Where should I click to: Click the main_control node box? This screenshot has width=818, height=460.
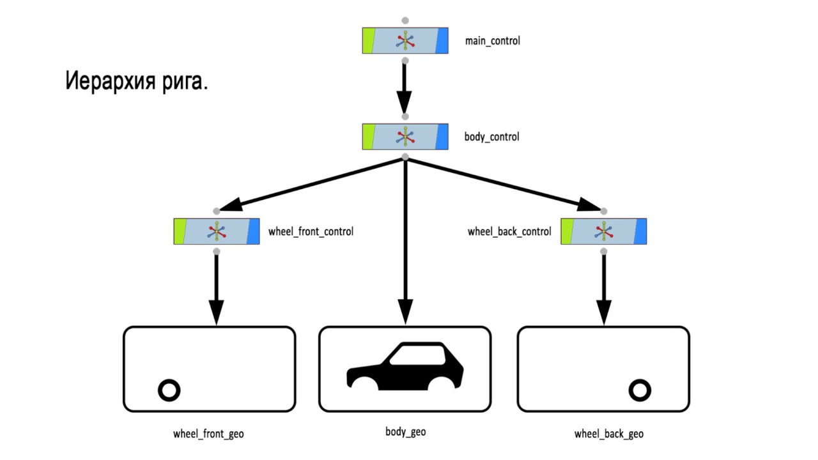(x=405, y=40)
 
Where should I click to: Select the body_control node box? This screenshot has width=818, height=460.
(x=405, y=137)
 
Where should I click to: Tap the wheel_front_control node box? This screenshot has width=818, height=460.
(x=217, y=231)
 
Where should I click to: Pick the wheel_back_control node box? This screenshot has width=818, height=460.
(x=603, y=231)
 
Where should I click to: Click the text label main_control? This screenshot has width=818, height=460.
(x=493, y=41)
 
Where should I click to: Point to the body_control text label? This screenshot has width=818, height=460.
(x=491, y=137)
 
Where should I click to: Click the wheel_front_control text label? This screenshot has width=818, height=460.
(x=311, y=231)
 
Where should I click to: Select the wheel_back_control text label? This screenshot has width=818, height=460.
(x=509, y=231)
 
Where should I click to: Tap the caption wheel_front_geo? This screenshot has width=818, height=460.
(x=208, y=434)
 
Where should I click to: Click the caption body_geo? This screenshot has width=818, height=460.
(x=405, y=432)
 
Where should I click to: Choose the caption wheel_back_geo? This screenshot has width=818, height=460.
(x=608, y=434)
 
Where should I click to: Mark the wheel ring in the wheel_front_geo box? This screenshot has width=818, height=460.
(x=169, y=390)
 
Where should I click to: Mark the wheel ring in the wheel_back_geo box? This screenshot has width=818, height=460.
(x=640, y=390)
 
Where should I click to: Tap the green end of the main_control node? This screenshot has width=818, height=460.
(x=368, y=40)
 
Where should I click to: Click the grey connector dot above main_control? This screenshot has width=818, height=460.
(x=405, y=20)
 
